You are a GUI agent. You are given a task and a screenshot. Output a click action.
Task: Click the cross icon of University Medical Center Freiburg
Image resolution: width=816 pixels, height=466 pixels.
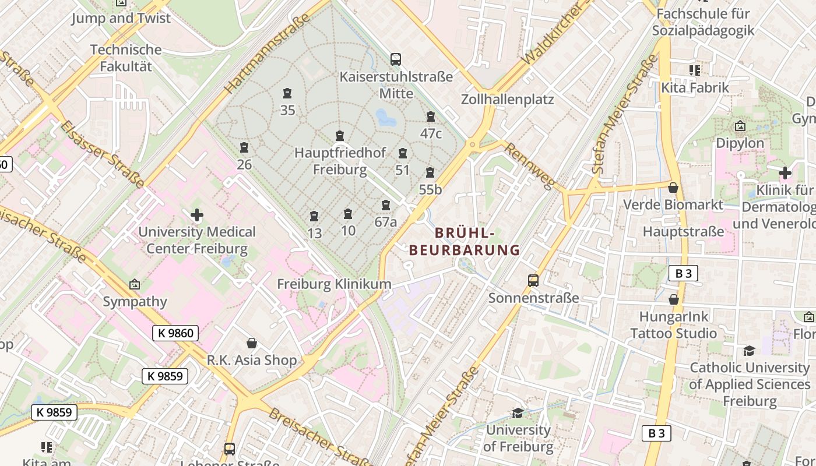pos(197,215)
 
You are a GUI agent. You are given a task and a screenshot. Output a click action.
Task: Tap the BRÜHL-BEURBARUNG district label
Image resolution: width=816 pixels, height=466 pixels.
pos(464,242)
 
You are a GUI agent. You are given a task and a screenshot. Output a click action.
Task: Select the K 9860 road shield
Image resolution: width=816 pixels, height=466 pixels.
pos(175,333)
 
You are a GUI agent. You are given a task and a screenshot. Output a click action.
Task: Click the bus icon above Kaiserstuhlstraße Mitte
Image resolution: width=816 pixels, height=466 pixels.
pos(396,59)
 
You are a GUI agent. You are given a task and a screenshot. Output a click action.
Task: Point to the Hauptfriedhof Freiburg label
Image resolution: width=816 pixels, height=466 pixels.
pos(340,161)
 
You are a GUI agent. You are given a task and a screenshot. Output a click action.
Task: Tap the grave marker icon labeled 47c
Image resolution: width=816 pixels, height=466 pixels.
pos(431,117)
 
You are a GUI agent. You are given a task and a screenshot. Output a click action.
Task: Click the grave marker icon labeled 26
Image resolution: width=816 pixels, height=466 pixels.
pos(244,148)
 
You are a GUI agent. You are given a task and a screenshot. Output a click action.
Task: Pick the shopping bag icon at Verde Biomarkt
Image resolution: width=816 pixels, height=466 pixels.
pos(673,188)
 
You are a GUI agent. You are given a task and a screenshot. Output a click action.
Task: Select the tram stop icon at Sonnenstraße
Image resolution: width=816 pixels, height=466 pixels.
pos(533,281)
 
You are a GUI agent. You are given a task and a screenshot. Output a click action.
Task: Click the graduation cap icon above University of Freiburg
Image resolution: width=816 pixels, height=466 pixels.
pos(518,413)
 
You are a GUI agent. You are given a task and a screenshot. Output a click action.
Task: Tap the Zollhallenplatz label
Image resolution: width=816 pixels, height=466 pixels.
pos(507,99)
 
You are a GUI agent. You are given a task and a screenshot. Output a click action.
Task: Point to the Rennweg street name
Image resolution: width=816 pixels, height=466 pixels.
pos(529,166)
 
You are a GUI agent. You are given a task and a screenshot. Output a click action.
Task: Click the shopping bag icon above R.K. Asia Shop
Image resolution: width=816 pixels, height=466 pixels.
pos(252,343)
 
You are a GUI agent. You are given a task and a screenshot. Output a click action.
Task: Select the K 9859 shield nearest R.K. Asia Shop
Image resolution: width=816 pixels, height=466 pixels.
pos(165,376)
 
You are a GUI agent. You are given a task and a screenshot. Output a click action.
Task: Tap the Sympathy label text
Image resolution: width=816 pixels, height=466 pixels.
pos(135,302)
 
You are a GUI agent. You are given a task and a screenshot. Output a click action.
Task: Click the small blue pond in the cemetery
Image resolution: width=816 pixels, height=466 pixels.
pos(385,118)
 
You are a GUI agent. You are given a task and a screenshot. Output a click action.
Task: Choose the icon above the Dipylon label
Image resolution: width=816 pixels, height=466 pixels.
pos(740,126)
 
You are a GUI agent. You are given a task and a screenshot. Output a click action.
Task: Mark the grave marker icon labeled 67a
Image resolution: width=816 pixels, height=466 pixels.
pos(386,206)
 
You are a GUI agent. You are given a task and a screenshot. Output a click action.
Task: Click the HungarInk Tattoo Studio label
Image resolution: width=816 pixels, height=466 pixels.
pos(673,325)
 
